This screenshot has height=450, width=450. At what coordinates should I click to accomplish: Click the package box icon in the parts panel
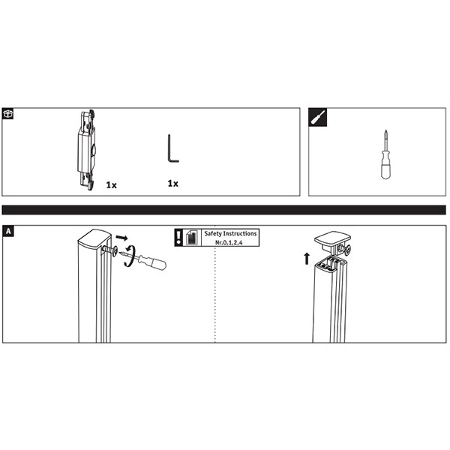tap(7, 113)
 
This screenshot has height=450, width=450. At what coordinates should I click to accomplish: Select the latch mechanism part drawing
tap(87, 149)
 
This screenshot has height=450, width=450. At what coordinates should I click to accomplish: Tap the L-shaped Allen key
tap(173, 148)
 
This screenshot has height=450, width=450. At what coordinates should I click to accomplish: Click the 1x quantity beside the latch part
tap(111, 185)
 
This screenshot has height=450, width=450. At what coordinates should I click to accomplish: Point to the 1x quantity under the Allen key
tap(172, 184)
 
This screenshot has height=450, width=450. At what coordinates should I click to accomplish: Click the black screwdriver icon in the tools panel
tap(318, 117)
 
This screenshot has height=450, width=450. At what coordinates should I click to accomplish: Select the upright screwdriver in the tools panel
tap(385, 154)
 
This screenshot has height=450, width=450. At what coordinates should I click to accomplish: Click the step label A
tap(8, 231)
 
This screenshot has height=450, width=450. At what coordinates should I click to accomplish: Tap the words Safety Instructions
tap(230, 233)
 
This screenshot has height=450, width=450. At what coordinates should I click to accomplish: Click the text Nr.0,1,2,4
tap(229, 242)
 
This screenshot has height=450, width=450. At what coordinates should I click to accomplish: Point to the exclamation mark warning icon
tap(178, 238)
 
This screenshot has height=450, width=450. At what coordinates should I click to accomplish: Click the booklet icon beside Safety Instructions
tap(192, 238)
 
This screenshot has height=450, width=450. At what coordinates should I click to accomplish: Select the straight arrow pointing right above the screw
tap(121, 238)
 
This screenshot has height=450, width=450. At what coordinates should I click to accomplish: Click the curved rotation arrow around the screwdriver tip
tap(130, 256)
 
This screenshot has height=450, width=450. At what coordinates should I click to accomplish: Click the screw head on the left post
tap(115, 250)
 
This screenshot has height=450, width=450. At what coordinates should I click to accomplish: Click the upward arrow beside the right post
tap(307, 258)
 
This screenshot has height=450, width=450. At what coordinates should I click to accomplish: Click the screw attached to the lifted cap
tap(345, 248)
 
